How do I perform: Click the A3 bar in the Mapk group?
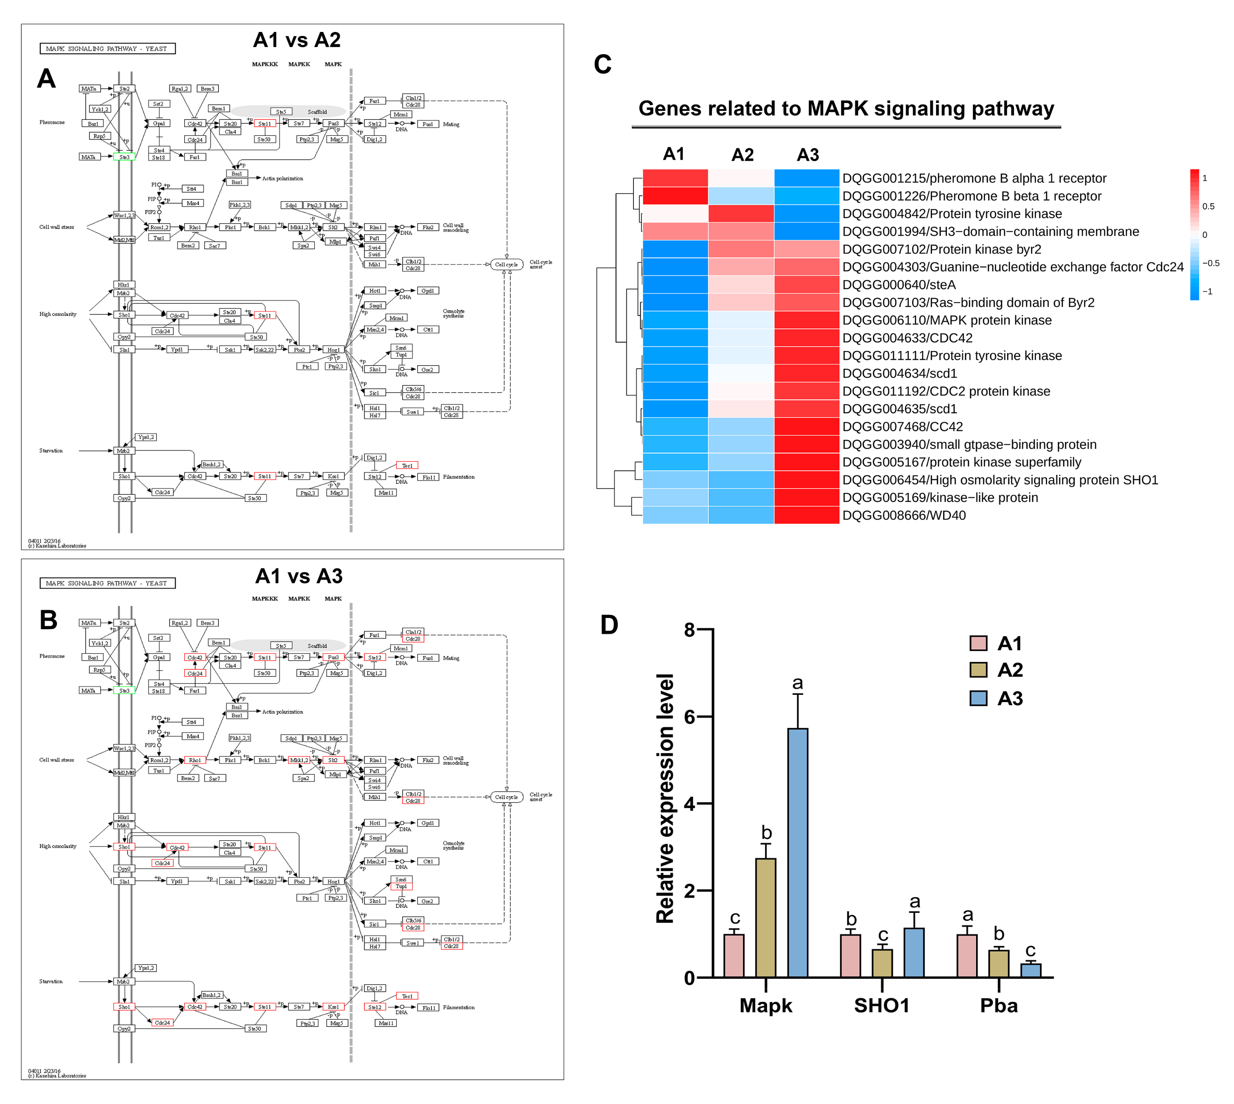point(797,852)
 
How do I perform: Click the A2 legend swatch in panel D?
point(978,670)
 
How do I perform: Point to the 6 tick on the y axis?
point(689,717)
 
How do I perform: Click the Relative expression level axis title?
point(665,798)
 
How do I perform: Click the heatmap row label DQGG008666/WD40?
point(903,516)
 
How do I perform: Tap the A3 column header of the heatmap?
point(807,155)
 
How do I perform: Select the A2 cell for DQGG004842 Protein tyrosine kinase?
point(741,213)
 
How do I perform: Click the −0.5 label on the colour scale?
point(1210,263)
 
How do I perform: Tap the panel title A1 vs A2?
point(297,40)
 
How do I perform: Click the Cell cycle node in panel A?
point(506,264)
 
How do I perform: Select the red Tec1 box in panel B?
point(407,996)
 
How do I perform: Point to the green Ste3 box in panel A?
point(124,157)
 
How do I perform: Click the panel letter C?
point(602,64)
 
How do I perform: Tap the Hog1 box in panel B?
point(333,881)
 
